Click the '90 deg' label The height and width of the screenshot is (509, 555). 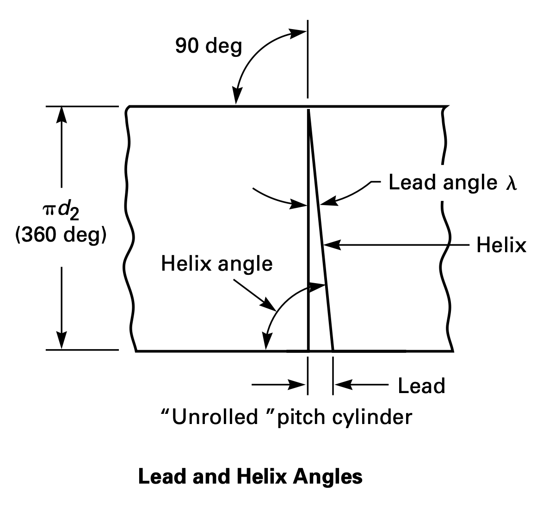pyautogui.click(x=208, y=46)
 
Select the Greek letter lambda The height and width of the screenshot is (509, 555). pyautogui.click(x=510, y=183)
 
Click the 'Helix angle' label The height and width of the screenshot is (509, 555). pyautogui.click(x=216, y=264)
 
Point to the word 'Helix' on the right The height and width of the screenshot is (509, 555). pyautogui.click(x=501, y=245)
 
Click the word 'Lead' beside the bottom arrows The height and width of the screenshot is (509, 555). pyautogui.click(x=421, y=386)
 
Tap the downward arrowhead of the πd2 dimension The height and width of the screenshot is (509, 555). pyautogui.click(x=62, y=342)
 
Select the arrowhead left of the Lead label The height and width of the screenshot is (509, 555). pyautogui.click(x=342, y=383)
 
